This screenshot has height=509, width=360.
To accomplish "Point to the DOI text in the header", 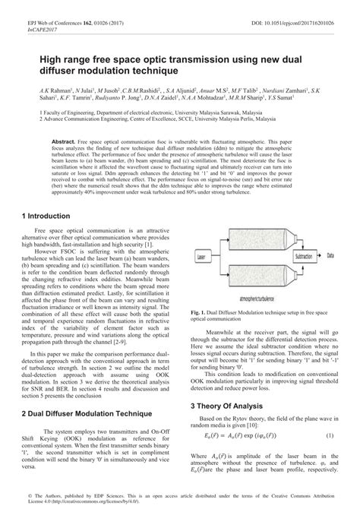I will click(298, 7).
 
